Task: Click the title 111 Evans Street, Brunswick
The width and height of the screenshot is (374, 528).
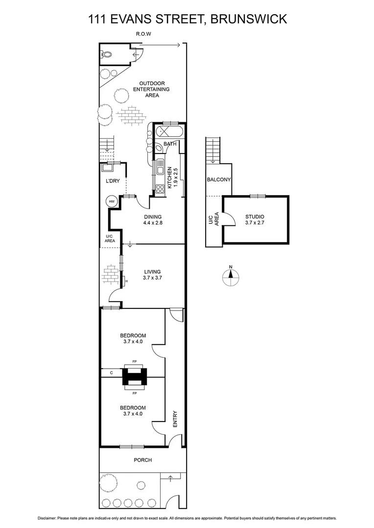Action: tap(187, 20)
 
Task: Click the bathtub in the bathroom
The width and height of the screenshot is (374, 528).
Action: tap(169, 132)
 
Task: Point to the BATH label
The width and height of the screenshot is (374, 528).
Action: tap(170, 144)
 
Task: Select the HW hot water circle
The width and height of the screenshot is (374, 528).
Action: tap(112, 201)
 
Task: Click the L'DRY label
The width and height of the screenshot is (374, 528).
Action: tap(113, 181)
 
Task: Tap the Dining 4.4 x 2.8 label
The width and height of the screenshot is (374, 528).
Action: tap(152, 220)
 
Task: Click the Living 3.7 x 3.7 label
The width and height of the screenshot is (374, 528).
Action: tap(152, 275)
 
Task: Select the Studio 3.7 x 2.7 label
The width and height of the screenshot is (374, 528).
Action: tap(255, 220)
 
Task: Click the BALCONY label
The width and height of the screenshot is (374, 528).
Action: tap(218, 180)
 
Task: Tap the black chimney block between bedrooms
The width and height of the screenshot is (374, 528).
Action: tap(134, 376)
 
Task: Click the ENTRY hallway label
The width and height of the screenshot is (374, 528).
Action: tap(175, 419)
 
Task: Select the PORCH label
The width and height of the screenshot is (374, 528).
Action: tap(142, 460)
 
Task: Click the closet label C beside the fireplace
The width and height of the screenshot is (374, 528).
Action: tap(112, 373)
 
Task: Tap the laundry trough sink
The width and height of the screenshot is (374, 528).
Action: tap(107, 168)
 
